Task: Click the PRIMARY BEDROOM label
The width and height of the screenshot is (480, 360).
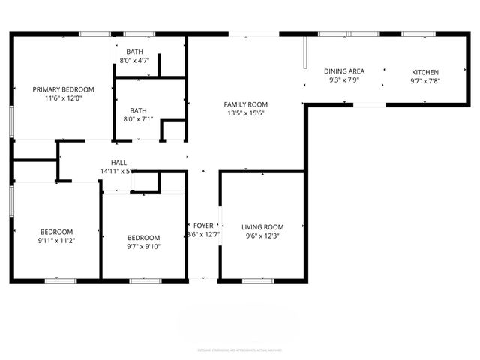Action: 63,88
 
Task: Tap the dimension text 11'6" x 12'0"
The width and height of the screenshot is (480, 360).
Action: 63,97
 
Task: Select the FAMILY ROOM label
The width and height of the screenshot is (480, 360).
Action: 246,104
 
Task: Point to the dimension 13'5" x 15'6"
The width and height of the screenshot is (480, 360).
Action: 246,113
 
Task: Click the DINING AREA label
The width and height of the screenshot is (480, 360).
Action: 344,71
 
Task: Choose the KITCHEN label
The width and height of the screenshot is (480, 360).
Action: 424,72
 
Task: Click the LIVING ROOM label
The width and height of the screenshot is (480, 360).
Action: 262,226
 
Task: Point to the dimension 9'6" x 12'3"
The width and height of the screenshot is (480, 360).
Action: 262,235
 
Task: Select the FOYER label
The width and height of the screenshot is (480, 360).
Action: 203,225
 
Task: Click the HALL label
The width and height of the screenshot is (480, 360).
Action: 118,163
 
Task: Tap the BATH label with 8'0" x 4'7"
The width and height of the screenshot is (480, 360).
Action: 135,52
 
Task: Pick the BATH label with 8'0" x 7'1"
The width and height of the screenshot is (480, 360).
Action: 138,109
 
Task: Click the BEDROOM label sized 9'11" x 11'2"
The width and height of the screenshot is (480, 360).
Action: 57,231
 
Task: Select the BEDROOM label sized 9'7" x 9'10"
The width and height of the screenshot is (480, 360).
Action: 143,237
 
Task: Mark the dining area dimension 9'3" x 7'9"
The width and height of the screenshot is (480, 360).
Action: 344,80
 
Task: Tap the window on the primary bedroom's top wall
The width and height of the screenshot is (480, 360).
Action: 94,34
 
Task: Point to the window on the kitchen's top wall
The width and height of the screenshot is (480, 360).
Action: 414,34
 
